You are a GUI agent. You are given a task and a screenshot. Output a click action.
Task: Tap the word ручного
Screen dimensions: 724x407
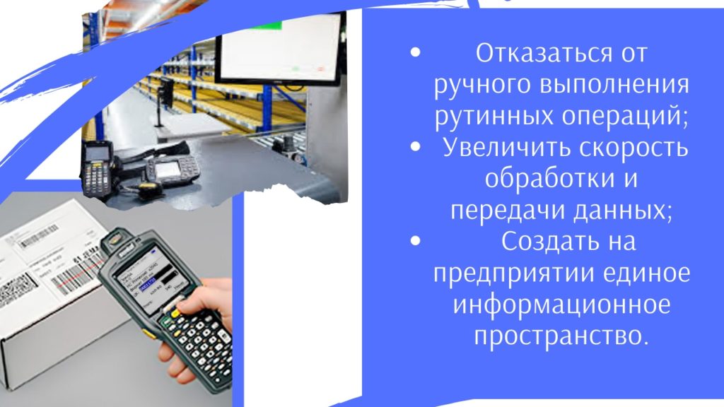(x=483, y=85)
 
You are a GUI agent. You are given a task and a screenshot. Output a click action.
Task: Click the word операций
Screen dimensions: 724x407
(x=625, y=117)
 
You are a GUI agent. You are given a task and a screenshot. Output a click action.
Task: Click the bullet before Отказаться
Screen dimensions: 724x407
(x=415, y=52)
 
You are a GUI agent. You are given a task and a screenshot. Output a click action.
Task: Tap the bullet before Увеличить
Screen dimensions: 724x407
(x=415, y=147)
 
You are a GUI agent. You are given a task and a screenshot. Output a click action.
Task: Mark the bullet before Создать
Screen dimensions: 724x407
(x=415, y=241)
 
